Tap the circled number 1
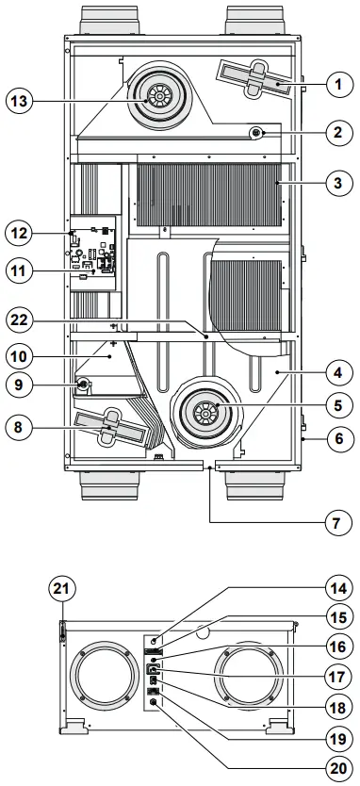335,84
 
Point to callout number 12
22,232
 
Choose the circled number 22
22,319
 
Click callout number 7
335,521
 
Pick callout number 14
335,584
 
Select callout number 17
335,676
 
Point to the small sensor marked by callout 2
255,134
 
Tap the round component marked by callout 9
83,385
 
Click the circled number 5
335,408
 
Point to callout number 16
335,646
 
